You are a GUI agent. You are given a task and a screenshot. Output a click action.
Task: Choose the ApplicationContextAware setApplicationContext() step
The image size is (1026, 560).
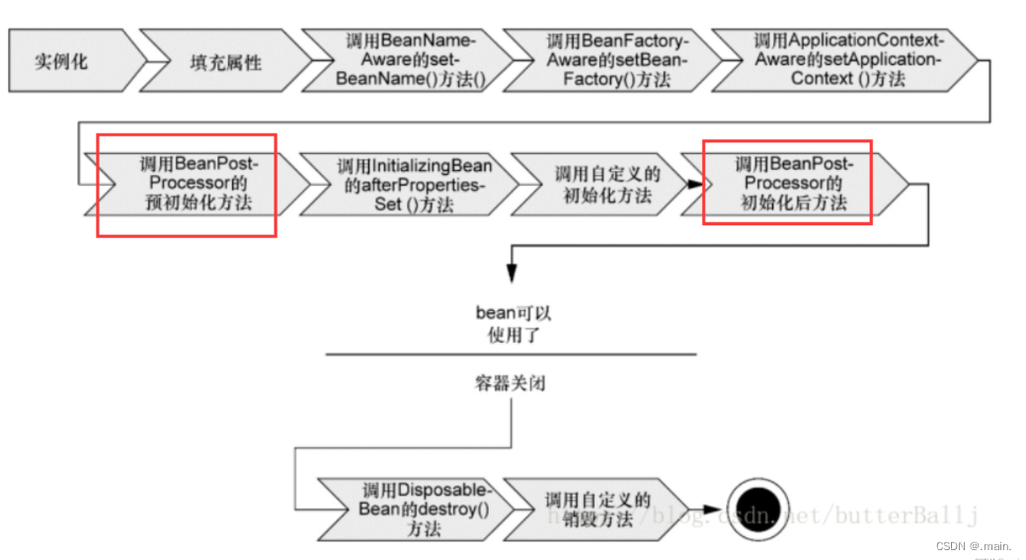pyautogui.click(x=845, y=60)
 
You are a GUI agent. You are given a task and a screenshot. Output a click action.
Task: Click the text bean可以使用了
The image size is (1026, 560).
pyautogui.click(x=511, y=322)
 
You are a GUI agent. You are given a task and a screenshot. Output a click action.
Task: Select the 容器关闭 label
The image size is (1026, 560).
pyautogui.click(x=510, y=383)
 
